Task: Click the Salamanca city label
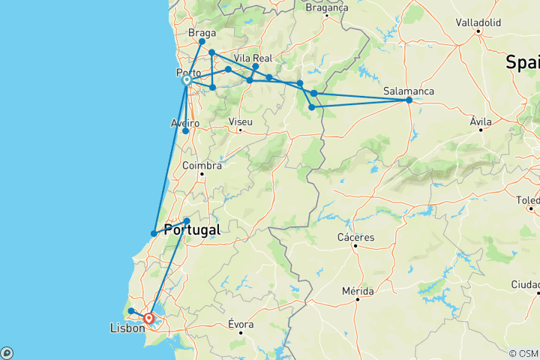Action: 408,90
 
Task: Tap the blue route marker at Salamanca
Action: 409,100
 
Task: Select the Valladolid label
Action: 478,22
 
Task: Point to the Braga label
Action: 202,33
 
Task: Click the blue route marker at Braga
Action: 202,42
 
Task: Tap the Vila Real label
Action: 251,57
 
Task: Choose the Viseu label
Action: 241,121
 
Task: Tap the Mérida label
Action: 358,290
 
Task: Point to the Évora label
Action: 240,324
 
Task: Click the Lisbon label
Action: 126,328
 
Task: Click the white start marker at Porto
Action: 186,80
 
